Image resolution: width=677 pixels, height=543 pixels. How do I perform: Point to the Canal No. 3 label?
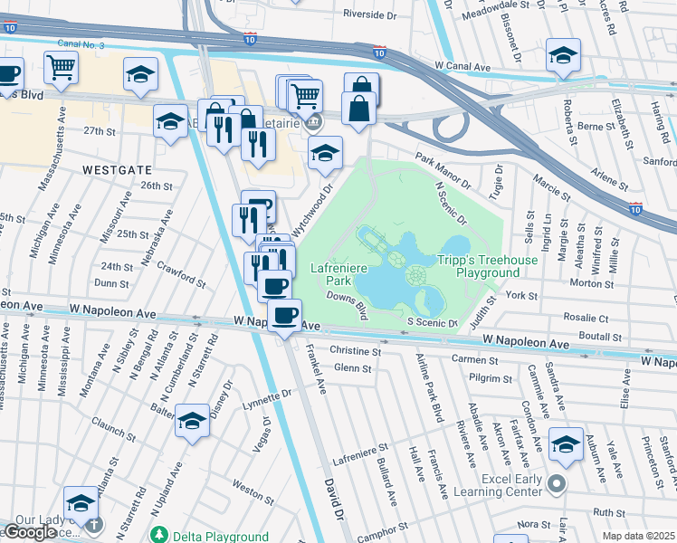click(81, 43)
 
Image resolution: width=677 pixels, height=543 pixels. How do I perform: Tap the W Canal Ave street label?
click(467, 66)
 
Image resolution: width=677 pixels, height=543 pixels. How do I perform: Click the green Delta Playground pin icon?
click(160, 535)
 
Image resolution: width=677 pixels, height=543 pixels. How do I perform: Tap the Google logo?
click(30, 532)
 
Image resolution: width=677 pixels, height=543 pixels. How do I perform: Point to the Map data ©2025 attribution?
click(638, 536)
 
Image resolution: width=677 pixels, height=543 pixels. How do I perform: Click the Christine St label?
click(356, 350)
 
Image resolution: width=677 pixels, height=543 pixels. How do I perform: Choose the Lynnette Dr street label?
click(267, 395)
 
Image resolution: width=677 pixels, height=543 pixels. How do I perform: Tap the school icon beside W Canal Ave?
click(563, 55)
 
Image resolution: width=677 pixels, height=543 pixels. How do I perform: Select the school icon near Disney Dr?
click(192, 422)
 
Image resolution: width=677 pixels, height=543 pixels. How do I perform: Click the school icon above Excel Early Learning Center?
click(566, 443)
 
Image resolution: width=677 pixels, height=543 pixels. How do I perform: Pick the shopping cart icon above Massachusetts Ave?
click(61, 66)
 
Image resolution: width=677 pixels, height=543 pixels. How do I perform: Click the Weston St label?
click(246, 485)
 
